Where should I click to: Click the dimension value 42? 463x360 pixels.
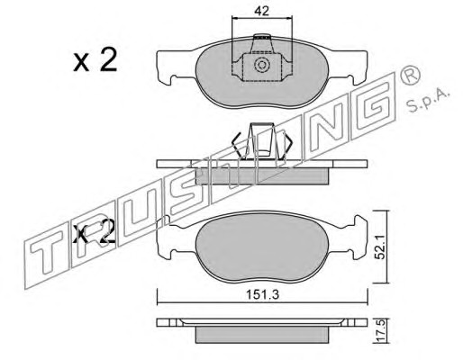pyautogui.click(x=261, y=11)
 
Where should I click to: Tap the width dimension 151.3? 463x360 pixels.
pyautogui.click(x=263, y=294)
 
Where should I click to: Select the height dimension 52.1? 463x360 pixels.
pyautogui.click(x=381, y=247)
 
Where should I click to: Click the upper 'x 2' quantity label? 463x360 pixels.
pyautogui.click(x=95, y=61)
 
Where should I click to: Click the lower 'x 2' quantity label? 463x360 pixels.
pyautogui.click(x=95, y=231)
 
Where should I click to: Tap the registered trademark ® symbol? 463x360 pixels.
pyautogui.click(x=410, y=75)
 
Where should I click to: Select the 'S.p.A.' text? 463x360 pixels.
pyautogui.click(x=429, y=101)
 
